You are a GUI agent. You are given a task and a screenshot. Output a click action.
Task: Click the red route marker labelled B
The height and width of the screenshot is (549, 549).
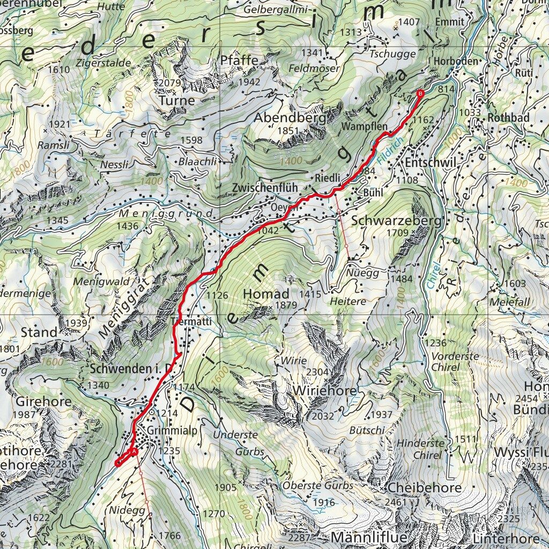pos(420,94)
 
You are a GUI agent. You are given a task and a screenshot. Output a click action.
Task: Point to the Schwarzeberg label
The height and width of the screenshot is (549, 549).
pos(396,221)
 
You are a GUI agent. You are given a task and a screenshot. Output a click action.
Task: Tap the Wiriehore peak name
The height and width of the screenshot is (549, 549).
pos(324,391)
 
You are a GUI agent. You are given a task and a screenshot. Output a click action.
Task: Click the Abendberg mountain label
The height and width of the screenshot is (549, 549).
pos(290,117)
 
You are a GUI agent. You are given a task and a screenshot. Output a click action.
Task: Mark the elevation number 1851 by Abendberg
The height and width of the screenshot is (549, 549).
pos(290,131)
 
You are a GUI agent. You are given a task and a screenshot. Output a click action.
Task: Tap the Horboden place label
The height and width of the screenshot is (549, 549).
pos(456,61)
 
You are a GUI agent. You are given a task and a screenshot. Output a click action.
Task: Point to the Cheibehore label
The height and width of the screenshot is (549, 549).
pos(424,488)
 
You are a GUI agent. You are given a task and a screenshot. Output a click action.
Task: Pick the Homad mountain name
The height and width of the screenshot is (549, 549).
pos(266,294)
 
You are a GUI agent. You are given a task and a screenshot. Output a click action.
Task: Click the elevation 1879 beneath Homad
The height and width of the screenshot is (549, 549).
pos(286,305)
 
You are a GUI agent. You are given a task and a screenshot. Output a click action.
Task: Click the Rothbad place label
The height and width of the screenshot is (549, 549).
pos(508,117)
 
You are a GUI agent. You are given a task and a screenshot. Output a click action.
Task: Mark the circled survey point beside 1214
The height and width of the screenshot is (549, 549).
pos(152,412)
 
